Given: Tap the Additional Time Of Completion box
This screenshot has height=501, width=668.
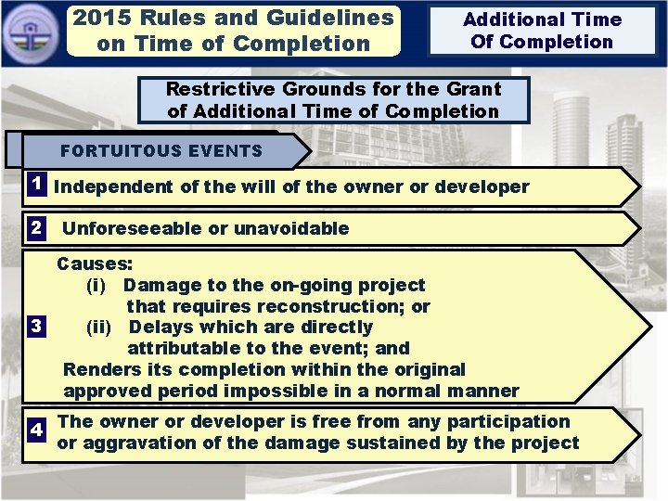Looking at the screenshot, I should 542,31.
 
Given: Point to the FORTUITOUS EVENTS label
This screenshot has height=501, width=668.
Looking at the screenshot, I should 161,150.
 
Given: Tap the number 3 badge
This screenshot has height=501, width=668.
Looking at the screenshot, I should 35,327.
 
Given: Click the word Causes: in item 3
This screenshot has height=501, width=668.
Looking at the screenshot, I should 95,263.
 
